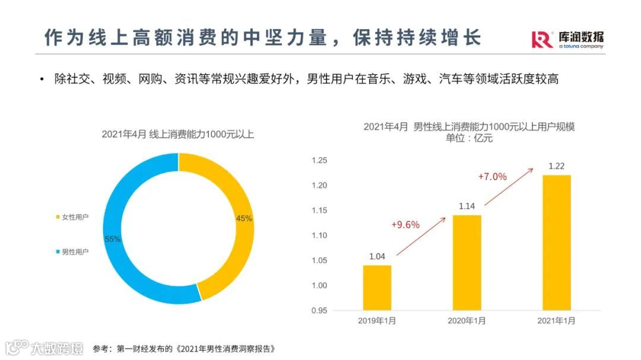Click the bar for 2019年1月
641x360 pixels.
pyautogui.click(x=377, y=288)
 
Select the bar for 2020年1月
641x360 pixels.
pyautogui.click(x=467, y=262)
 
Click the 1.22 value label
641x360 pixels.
pyautogui.click(x=556, y=166)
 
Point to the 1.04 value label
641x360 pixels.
pyautogui.click(x=377, y=256)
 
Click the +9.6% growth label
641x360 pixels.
pyautogui.click(x=405, y=224)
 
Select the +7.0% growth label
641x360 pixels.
pyautogui.click(x=492, y=176)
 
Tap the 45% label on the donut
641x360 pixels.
pyautogui.click(x=244, y=218)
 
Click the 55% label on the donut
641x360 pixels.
pyautogui.click(x=113, y=239)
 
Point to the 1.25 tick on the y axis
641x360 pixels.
pyautogui.click(x=319, y=160)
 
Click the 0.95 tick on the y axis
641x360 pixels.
pyautogui.click(x=319, y=310)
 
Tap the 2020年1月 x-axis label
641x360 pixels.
pyautogui.click(x=467, y=321)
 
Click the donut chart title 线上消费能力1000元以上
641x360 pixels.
pyautogui.click(x=177, y=134)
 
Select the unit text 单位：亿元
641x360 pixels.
pyautogui.click(x=469, y=139)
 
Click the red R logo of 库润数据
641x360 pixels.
pyautogui.click(x=542, y=39)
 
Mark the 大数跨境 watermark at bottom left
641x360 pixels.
pyautogui.click(x=45, y=348)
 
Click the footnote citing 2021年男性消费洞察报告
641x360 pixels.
pyautogui.click(x=184, y=348)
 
